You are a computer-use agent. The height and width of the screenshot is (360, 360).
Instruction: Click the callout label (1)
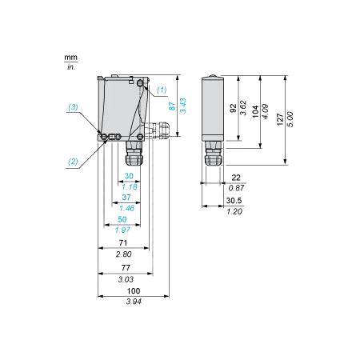click(x=162, y=90)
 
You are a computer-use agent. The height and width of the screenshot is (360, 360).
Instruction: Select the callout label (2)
click(x=73, y=162)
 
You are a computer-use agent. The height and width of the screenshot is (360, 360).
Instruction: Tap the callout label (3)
click(x=73, y=107)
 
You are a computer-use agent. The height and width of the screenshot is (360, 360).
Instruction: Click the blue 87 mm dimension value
click(x=172, y=106)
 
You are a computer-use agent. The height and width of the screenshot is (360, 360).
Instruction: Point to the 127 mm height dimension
click(x=280, y=119)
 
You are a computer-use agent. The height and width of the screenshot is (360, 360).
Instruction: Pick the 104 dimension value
click(x=255, y=111)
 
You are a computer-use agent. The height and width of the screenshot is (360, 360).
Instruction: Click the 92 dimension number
click(x=233, y=108)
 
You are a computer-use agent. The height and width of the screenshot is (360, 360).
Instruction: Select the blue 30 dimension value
click(x=129, y=176)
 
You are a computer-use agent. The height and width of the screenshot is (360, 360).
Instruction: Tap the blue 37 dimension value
click(x=126, y=198)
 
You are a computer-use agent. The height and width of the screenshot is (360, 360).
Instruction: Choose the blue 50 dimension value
click(x=122, y=219)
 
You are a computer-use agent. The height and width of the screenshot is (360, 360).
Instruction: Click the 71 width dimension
click(x=123, y=242)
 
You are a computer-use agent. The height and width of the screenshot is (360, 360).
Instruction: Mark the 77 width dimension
click(x=126, y=268)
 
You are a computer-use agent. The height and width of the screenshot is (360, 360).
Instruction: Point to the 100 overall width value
click(x=134, y=290)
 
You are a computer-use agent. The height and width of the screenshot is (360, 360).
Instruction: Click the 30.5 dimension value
click(x=234, y=201)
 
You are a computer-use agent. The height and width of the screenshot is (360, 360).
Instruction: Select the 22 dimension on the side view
click(x=236, y=178)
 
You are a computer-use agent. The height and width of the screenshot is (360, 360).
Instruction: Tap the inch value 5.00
click(x=290, y=119)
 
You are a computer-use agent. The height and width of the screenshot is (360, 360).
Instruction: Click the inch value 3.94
click(x=134, y=302)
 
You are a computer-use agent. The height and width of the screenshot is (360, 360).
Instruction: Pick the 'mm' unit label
click(x=70, y=58)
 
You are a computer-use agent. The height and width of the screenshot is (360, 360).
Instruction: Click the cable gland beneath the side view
click(x=213, y=154)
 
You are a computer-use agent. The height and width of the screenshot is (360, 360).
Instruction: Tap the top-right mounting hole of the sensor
click(x=140, y=84)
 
